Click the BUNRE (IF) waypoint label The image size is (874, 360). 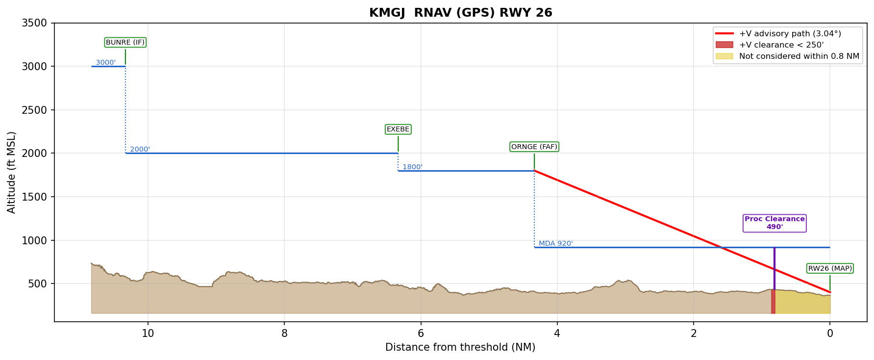(125, 43)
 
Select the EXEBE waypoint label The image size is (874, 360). (398, 129)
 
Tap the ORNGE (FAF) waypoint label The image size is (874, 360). (534, 147)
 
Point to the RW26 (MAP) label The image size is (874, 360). (830, 268)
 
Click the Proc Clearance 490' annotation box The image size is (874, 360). (774, 223)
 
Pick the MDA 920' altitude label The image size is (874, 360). (556, 244)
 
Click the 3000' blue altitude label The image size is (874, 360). (105, 63)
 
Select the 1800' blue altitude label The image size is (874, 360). (412, 167)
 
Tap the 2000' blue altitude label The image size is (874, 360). (140, 150)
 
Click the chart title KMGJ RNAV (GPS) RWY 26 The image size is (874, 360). (460, 13)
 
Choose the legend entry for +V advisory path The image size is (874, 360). (790, 34)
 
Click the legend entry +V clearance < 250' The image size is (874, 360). (781, 45)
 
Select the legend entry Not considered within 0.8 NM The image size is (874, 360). (799, 56)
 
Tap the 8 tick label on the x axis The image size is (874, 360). (284, 334)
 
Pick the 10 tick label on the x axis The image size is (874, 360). (148, 334)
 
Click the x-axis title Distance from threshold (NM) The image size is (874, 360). (460, 348)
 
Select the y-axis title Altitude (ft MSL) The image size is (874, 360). (12, 172)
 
